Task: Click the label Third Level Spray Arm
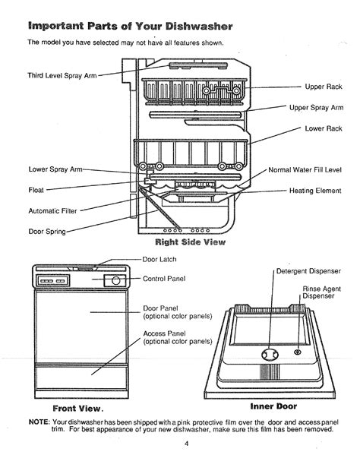tap(62, 76)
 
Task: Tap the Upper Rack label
tap(324, 87)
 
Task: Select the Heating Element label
tap(315, 191)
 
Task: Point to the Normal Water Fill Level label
tap(305, 169)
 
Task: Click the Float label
tap(36, 190)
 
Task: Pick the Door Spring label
tap(47, 232)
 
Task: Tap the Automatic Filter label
tap(52, 211)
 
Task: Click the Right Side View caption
tap(191, 242)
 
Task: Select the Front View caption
tap(78, 409)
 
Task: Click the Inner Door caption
tap(273, 406)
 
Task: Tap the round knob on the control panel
tap(116, 281)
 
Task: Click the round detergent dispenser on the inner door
tap(270, 355)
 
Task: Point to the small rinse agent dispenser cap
tap(298, 352)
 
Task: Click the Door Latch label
tap(159, 259)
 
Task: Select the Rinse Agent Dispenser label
tap(321, 292)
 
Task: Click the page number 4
tap(186, 444)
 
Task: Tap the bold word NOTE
tap(39, 422)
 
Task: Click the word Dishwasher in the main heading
tap(199, 27)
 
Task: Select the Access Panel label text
tap(164, 333)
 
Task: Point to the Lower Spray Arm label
tap(55, 169)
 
